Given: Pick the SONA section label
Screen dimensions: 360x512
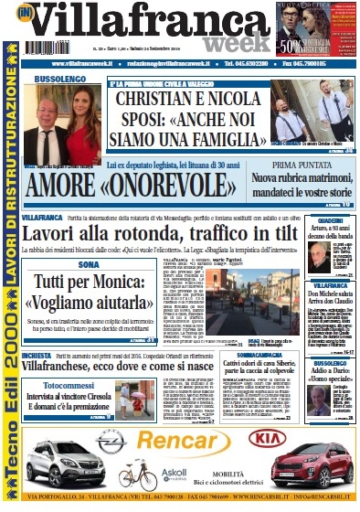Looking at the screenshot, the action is tap(88, 264).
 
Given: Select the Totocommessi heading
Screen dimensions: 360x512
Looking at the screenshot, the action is tap(64, 387).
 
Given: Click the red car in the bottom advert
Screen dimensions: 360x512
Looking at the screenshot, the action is tap(307, 461).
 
